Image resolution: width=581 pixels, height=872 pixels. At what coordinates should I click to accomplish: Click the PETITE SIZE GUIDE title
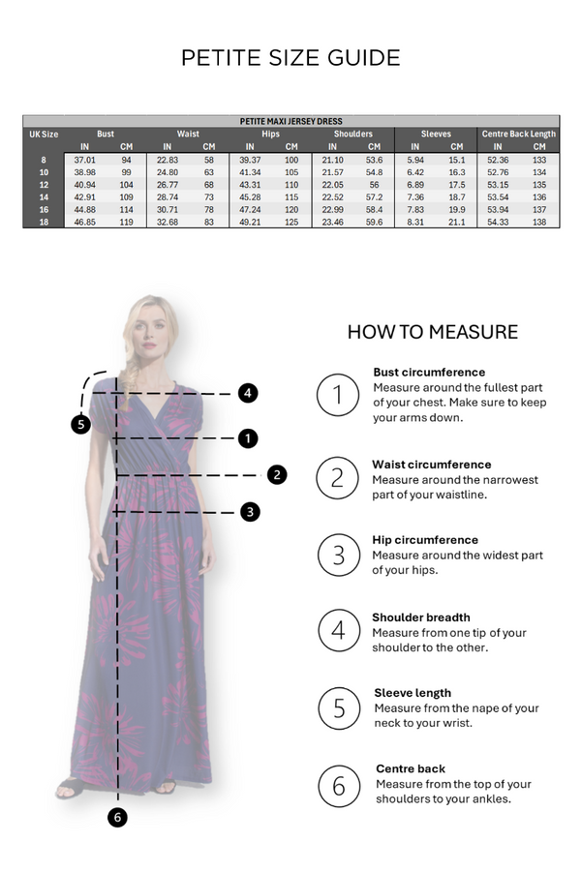(x=290, y=58)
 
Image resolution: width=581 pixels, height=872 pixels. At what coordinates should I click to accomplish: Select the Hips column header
(x=270, y=134)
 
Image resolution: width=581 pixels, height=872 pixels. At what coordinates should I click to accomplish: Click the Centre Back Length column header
(x=518, y=134)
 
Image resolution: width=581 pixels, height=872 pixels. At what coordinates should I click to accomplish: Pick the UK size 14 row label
(x=44, y=196)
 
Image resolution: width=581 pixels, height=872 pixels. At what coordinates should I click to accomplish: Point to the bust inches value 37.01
(x=84, y=159)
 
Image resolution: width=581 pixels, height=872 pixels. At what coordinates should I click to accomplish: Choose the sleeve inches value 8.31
(x=416, y=222)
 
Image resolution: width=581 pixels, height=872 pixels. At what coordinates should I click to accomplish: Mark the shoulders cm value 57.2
(x=374, y=196)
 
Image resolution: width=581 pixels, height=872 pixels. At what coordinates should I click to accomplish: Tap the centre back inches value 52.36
(x=498, y=159)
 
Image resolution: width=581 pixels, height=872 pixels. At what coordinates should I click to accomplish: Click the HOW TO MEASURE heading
(x=432, y=333)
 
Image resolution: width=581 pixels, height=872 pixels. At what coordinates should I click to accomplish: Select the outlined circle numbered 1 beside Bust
(x=338, y=395)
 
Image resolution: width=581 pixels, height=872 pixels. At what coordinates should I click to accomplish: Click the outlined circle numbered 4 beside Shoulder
(x=338, y=630)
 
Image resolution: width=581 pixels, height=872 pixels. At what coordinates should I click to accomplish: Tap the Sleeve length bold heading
(x=413, y=693)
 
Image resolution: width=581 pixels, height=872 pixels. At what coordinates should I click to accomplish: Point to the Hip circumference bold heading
(x=425, y=540)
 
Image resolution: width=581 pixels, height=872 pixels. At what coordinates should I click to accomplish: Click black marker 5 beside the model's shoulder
(x=81, y=423)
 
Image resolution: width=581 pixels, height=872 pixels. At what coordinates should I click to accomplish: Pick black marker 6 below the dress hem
(x=117, y=817)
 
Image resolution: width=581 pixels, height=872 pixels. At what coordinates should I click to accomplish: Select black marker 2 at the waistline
(x=278, y=474)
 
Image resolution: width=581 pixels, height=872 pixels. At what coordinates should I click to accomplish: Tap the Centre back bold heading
(x=411, y=768)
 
